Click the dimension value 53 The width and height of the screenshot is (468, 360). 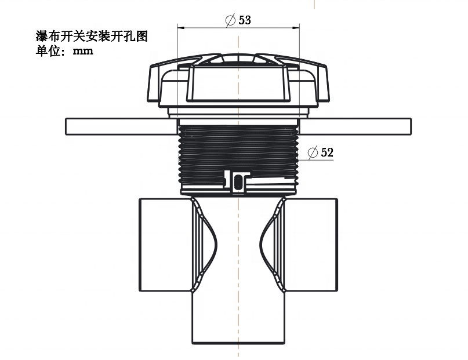pyautogui.click(x=245, y=20)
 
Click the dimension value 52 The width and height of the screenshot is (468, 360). pyautogui.click(x=327, y=153)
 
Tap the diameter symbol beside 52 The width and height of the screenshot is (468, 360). pyautogui.click(x=312, y=153)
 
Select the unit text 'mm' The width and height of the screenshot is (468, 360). pyautogui.click(x=83, y=50)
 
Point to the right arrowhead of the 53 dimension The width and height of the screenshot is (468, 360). pyautogui.click(x=297, y=27)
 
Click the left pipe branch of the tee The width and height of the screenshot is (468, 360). pyautogui.click(x=165, y=243)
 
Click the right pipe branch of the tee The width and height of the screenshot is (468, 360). pyautogui.click(x=311, y=243)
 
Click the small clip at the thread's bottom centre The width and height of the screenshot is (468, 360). pyautogui.click(x=238, y=181)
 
